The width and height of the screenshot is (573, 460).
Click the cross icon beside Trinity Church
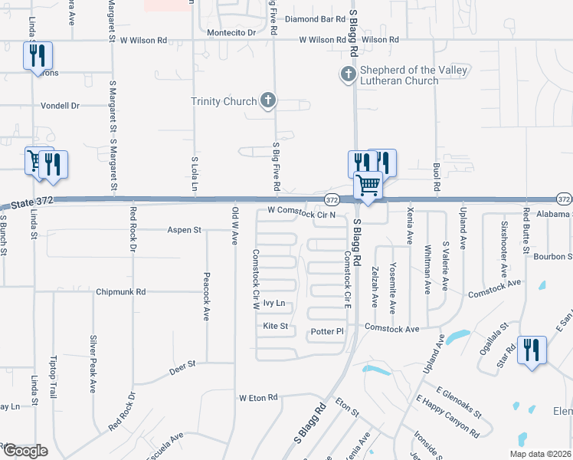pos(267,100)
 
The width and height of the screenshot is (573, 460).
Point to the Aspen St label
pos(185,229)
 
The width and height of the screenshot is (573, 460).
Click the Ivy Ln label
pos(273,304)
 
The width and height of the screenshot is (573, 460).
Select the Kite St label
pos(275,327)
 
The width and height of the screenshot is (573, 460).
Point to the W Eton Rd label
pos(257,399)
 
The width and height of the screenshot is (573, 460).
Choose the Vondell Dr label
pos(61,106)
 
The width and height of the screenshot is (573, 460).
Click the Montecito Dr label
pos(231,33)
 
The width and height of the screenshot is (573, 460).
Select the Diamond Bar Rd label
pos(316,18)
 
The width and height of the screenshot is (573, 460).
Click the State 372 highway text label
pos(34,202)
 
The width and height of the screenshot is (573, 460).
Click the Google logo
pos(25,451)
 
